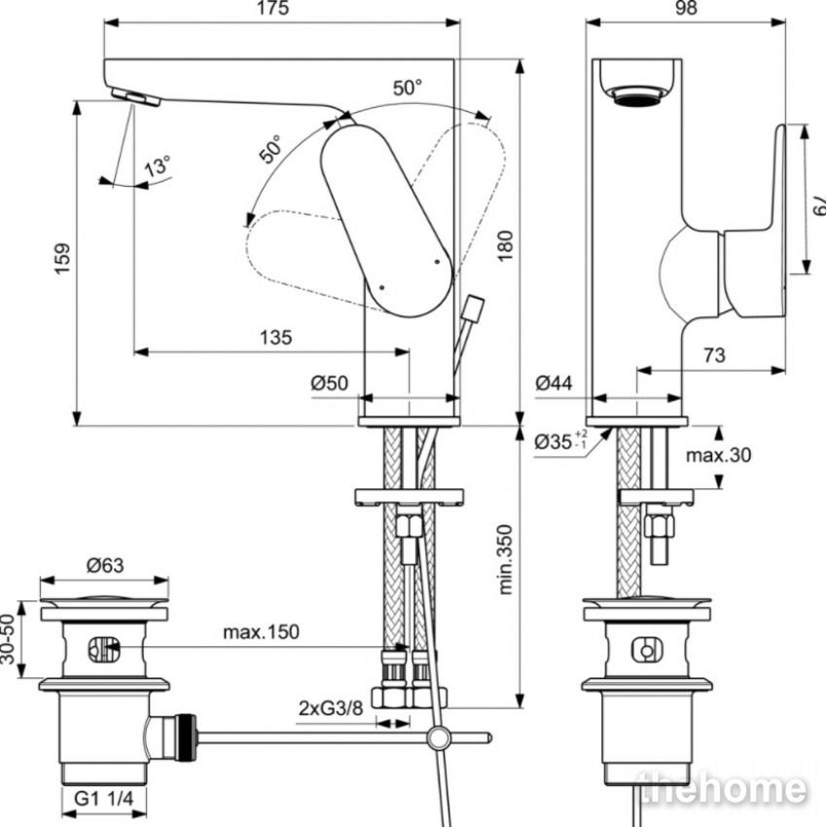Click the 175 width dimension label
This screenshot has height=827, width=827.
click(x=272, y=8)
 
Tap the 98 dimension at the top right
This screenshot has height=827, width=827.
click(x=686, y=8)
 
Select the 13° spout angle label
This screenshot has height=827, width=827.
click(x=158, y=165)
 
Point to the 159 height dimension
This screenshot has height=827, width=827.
click(x=62, y=258)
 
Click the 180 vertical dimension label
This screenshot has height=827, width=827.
click(x=505, y=245)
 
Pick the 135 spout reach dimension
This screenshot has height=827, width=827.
click(x=276, y=337)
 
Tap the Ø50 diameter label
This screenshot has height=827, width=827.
click(x=330, y=383)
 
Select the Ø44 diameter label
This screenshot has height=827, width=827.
click(x=554, y=383)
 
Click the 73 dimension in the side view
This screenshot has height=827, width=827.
click(x=714, y=355)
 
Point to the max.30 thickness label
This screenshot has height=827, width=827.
click(x=718, y=454)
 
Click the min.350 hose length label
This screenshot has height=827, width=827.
click(x=505, y=559)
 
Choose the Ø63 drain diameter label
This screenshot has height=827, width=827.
click(x=105, y=565)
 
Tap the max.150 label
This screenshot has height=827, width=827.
click(x=261, y=631)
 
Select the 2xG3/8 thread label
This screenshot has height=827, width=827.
click(x=331, y=707)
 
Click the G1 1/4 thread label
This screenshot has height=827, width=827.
click(x=104, y=799)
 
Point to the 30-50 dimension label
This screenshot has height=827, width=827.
click(x=8, y=638)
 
